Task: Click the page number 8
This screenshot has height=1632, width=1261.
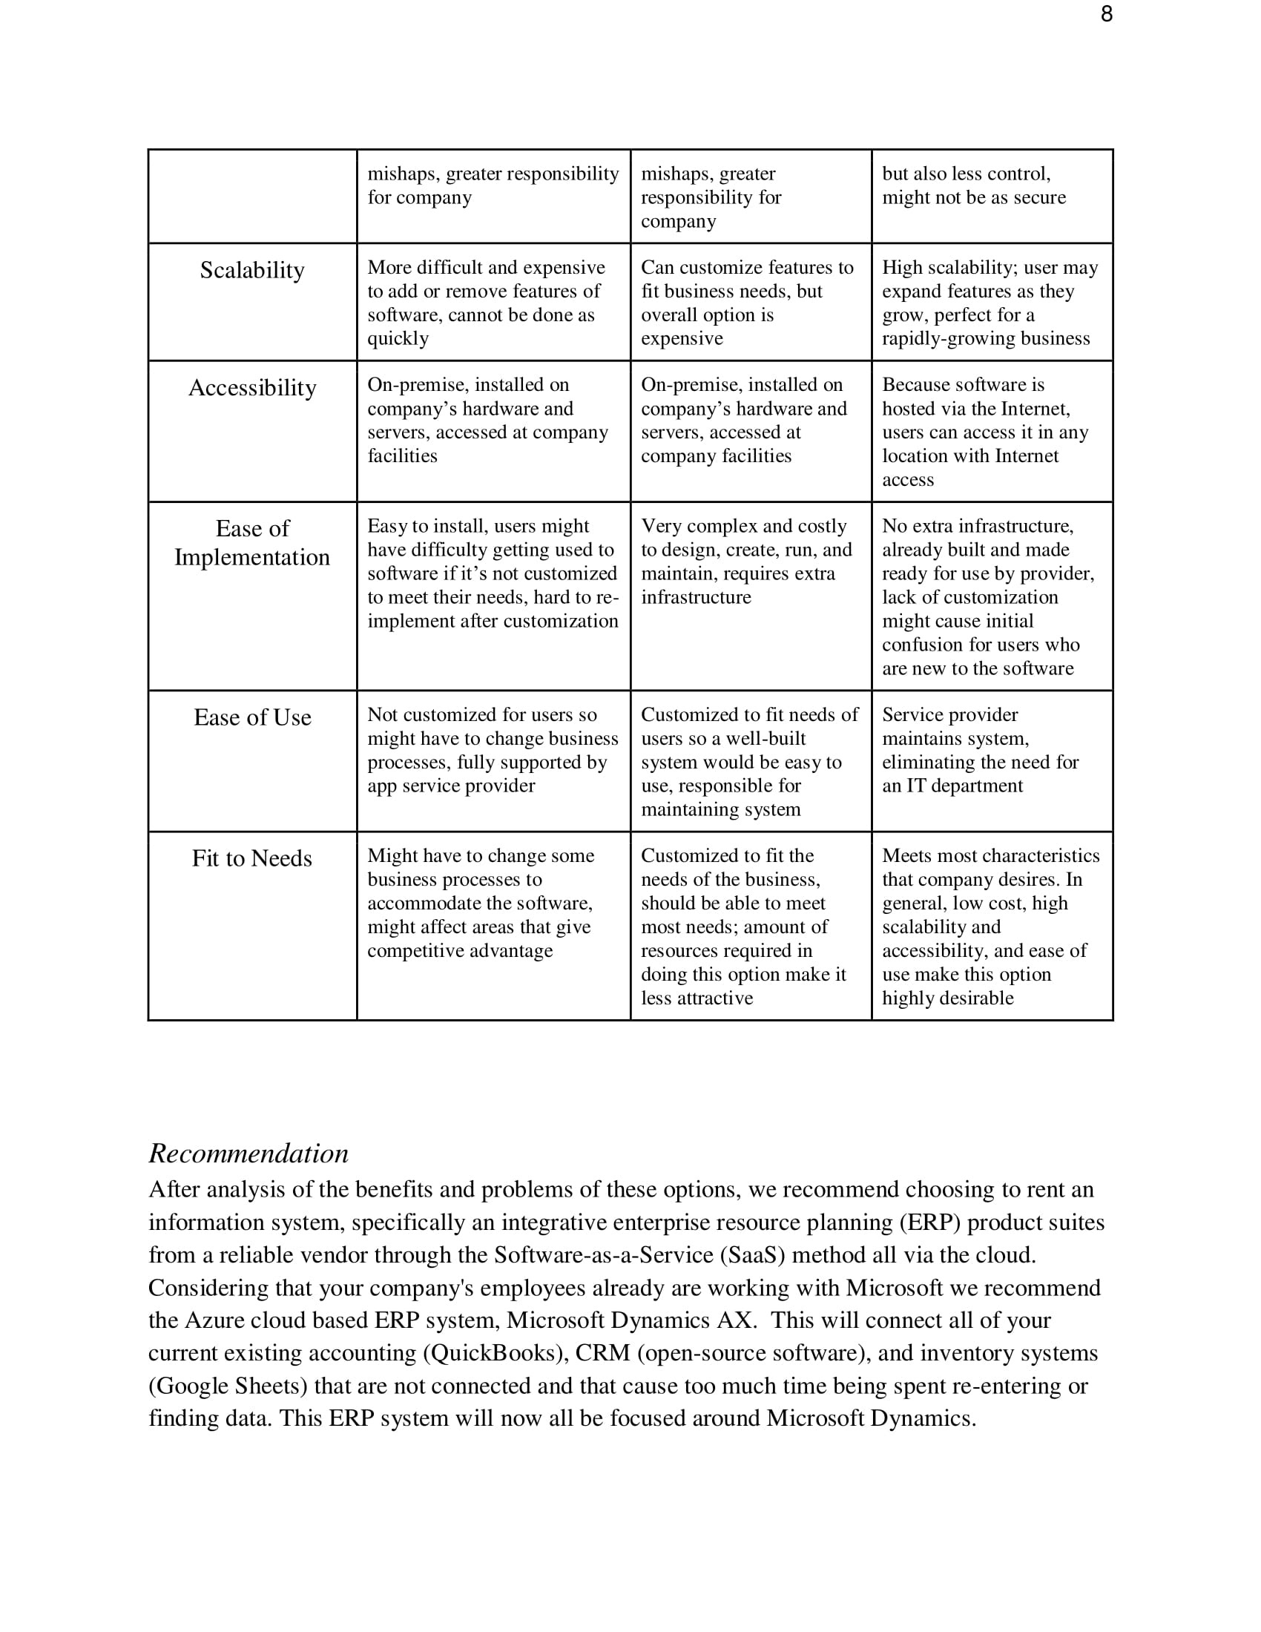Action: (1107, 14)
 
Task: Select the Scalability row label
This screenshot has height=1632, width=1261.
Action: (251, 271)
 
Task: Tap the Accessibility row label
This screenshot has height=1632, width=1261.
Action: (251, 388)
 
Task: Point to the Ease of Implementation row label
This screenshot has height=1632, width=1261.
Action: (251, 543)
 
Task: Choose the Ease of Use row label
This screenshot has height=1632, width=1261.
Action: (251, 717)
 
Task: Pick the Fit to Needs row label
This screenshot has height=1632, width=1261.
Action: (251, 858)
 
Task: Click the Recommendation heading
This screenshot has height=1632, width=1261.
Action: (248, 1154)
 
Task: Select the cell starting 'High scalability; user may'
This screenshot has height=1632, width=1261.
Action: (990, 303)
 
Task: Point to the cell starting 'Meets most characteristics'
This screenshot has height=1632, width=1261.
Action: (990, 927)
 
